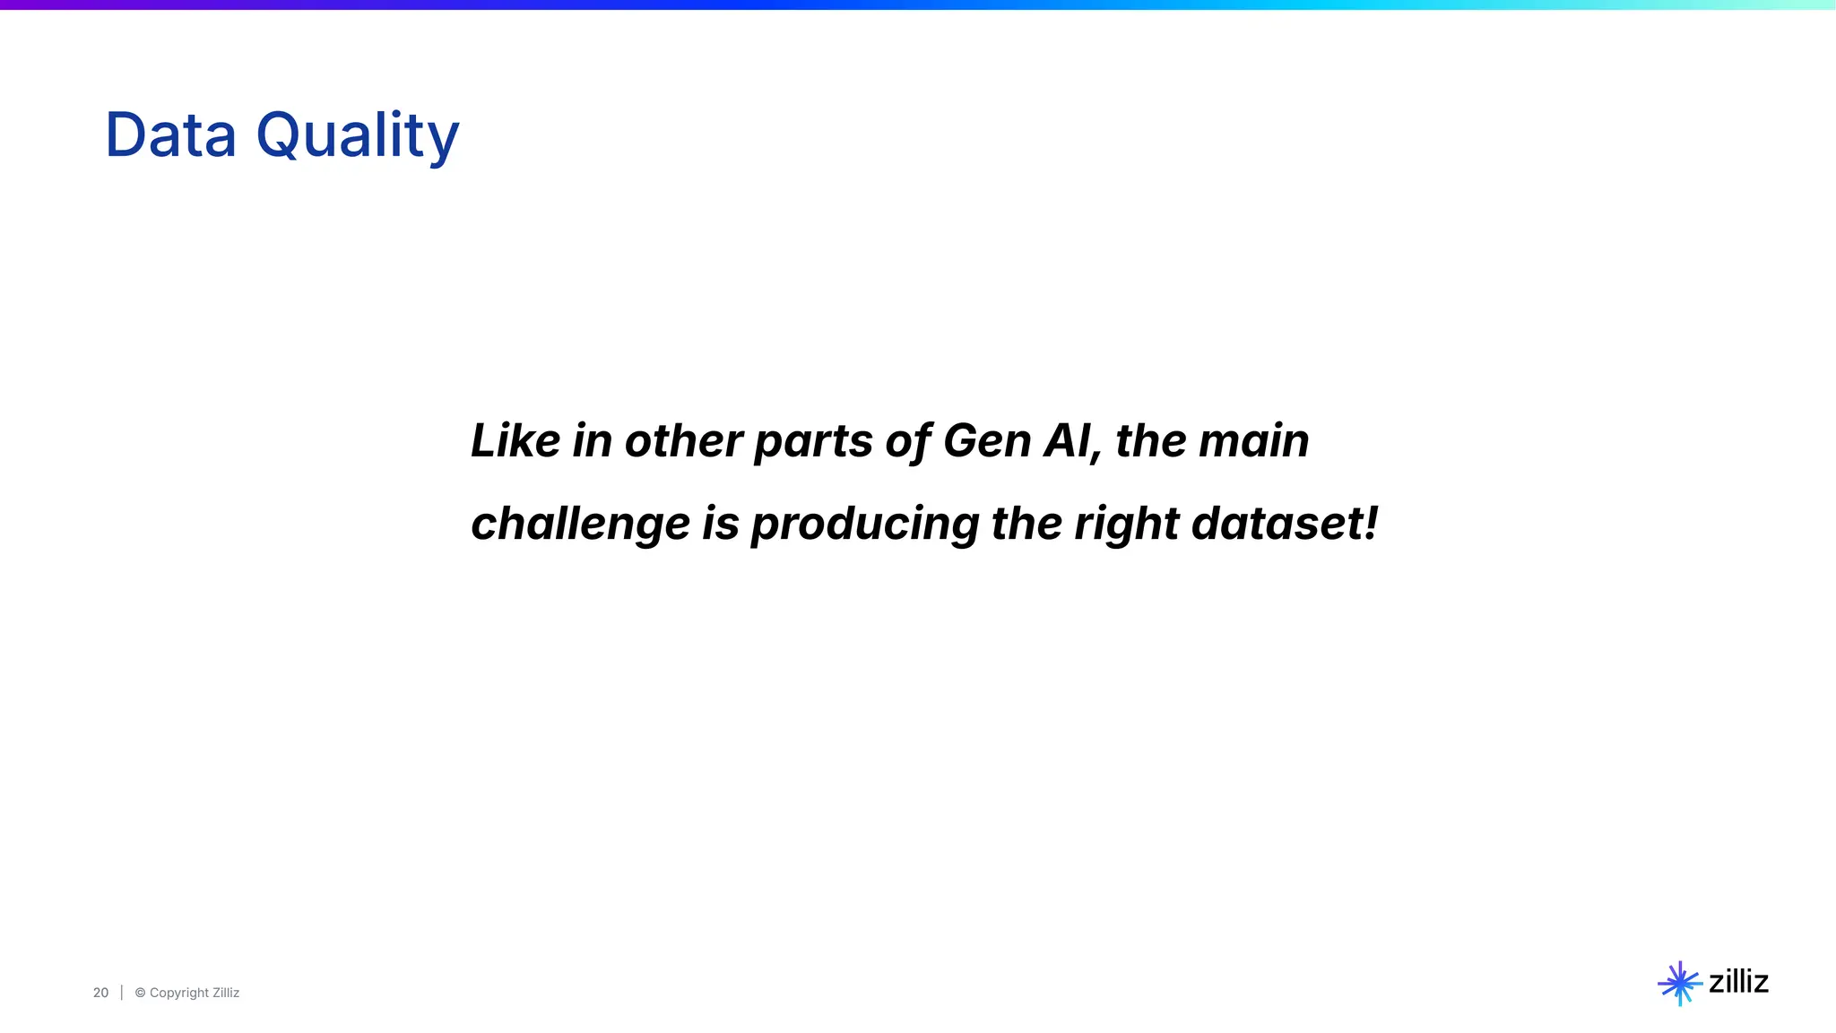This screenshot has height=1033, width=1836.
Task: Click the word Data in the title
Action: (170, 135)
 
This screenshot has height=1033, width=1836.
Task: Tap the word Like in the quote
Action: (515, 440)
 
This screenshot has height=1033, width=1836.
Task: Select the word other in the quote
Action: (683, 440)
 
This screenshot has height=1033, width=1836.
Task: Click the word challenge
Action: (580, 525)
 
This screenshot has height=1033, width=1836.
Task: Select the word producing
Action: (864, 525)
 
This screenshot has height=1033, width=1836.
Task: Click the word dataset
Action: (1274, 523)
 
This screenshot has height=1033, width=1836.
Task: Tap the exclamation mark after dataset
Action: (1371, 523)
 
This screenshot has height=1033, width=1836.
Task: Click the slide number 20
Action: (100, 993)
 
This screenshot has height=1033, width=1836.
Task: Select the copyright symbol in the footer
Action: (140, 993)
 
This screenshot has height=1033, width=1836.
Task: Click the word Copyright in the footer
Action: (178, 993)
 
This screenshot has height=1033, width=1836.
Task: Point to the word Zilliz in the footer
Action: (226, 993)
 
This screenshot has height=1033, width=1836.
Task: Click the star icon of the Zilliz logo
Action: (1679, 984)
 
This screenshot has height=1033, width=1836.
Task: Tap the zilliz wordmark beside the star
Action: (1738, 982)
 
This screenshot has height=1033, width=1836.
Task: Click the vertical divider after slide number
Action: (122, 993)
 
